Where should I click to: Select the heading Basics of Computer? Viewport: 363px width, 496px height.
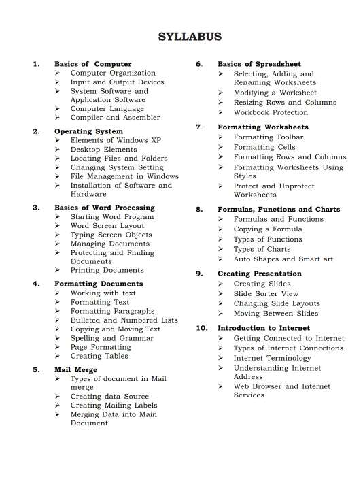click(x=92, y=64)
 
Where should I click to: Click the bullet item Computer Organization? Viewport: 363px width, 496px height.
click(x=113, y=73)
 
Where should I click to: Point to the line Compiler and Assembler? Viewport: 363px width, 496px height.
click(x=115, y=117)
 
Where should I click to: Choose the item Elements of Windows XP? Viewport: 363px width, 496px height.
click(x=116, y=140)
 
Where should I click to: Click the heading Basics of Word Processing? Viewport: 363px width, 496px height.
click(x=104, y=208)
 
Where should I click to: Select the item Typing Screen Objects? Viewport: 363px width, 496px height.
click(x=111, y=235)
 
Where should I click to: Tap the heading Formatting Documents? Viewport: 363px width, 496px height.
click(x=99, y=284)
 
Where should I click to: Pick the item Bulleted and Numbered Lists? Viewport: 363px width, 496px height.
click(x=124, y=320)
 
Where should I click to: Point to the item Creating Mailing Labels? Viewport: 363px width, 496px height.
click(x=114, y=405)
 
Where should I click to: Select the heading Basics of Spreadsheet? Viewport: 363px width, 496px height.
click(x=259, y=64)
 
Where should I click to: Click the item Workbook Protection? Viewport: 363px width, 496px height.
click(x=271, y=112)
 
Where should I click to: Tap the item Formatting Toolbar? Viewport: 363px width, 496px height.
click(x=268, y=137)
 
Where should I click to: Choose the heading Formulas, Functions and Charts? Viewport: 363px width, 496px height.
click(x=278, y=210)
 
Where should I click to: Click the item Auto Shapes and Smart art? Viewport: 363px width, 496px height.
click(x=283, y=259)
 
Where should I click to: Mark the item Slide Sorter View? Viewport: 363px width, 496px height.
click(x=266, y=293)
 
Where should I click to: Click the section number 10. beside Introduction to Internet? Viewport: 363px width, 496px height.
click(x=201, y=328)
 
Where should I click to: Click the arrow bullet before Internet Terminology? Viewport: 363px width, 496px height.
click(x=222, y=358)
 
